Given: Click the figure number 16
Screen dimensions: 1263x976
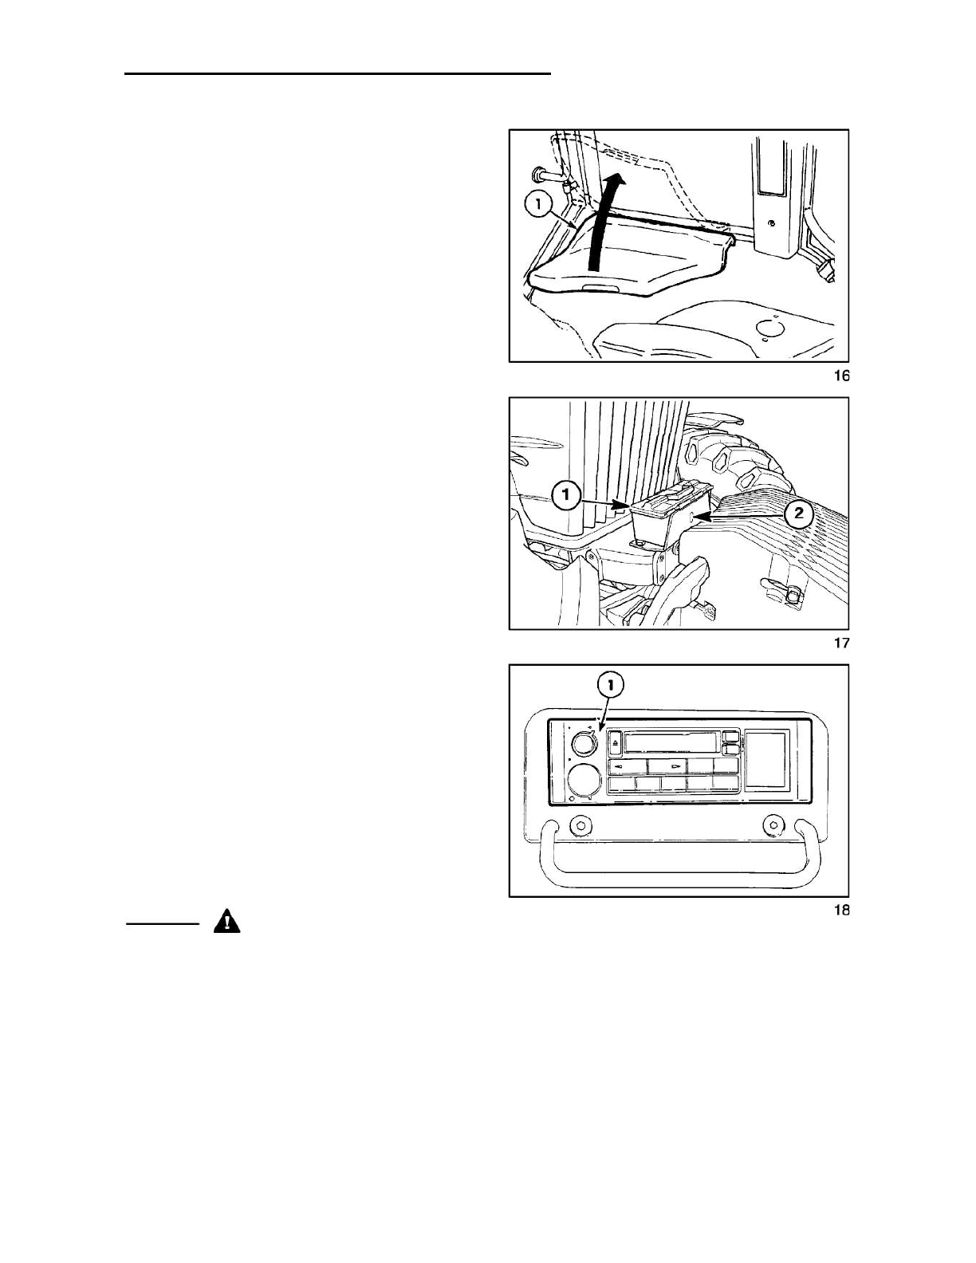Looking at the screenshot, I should tap(841, 376).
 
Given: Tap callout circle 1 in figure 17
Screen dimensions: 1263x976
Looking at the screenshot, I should tap(566, 496).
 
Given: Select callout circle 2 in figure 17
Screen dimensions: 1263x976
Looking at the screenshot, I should tap(798, 514).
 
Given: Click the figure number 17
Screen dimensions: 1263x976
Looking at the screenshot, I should tap(841, 643).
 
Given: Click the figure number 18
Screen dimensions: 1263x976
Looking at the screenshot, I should tap(841, 910).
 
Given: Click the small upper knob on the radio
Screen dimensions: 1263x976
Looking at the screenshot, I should tap(584, 744).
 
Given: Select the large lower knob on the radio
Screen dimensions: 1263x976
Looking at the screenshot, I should tap(586, 778).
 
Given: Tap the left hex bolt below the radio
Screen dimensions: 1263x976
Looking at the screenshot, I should tap(580, 825).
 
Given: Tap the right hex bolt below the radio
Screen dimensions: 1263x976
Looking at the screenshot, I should tap(771, 824).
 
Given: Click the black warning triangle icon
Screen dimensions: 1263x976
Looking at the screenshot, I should tap(227, 923).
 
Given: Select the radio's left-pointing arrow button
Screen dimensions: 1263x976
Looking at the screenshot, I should tap(627, 766).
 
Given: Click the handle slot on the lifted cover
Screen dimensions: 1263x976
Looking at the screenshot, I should tap(600, 288).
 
